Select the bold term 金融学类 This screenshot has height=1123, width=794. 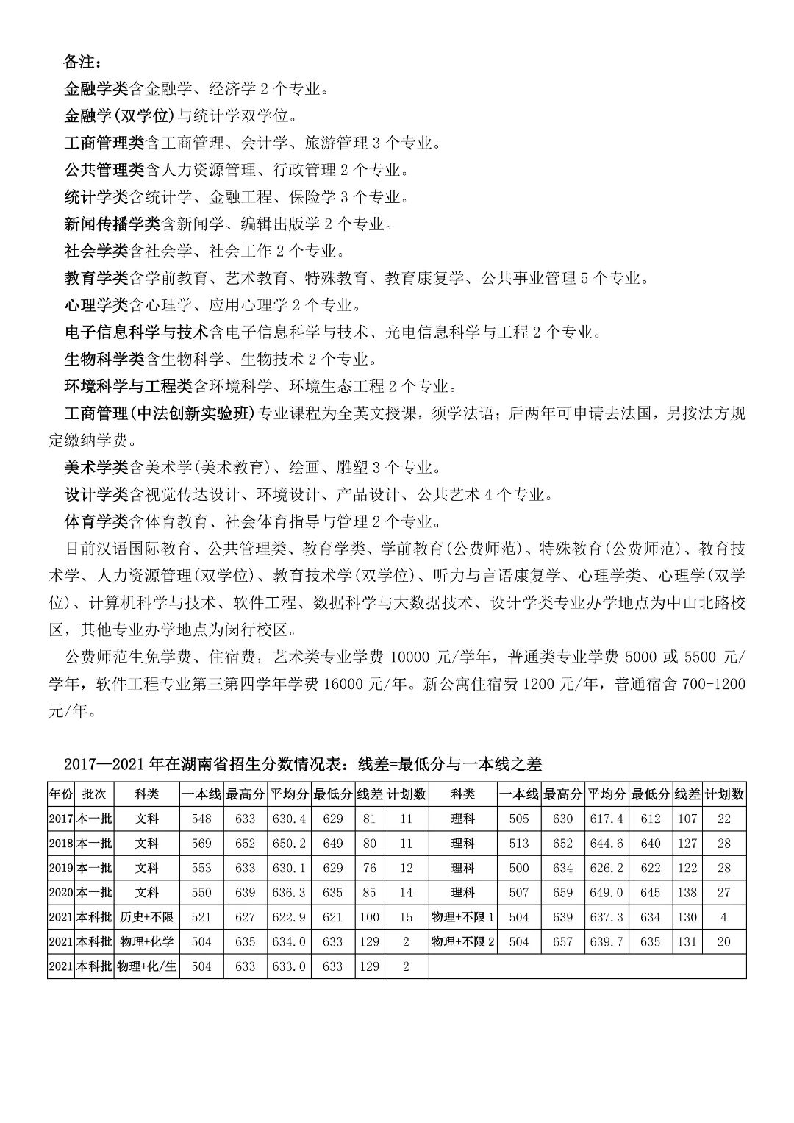pos(96,89)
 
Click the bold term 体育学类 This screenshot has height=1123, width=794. pos(96,521)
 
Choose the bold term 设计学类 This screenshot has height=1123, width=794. pos(96,494)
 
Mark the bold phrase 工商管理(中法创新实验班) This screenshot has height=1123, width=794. pos(159,413)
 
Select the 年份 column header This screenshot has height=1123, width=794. pos(60,794)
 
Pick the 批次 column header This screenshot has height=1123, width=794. pos(94,794)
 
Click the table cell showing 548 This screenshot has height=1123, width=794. pos(201,819)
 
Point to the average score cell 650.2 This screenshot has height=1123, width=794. pos(289,844)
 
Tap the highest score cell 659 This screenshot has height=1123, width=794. pos(562,893)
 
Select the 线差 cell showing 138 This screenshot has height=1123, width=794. pos(687,893)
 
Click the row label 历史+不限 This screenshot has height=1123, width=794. pos(147,917)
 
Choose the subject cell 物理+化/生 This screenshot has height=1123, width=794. pos(147,966)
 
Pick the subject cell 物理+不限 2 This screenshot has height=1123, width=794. pos(463,942)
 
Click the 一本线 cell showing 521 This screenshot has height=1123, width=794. pos(201,917)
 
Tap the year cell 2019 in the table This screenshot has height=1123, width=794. pos(60,868)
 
